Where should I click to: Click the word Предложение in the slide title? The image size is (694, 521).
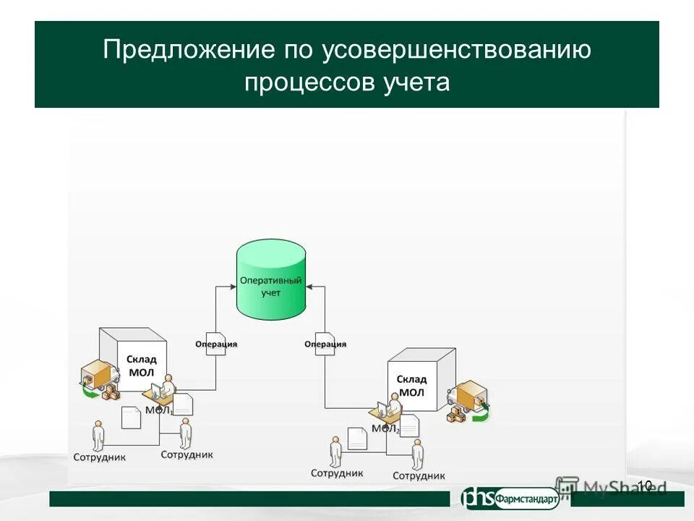(188, 51)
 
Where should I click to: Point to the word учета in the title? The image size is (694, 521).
(413, 82)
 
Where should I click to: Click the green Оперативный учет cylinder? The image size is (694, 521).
(271, 282)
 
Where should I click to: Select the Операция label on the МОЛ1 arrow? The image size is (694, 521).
(216, 344)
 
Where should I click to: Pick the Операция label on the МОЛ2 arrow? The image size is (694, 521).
(325, 344)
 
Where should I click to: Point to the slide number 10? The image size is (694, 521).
(645, 486)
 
